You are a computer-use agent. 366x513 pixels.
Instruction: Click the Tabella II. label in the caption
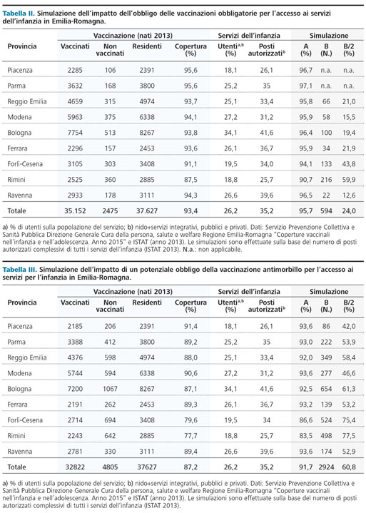[19, 14]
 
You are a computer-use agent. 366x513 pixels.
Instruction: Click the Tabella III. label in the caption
[20, 270]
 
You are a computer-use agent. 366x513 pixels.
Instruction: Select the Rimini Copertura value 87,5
[190, 180]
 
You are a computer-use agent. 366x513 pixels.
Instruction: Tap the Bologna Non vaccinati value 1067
[110, 389]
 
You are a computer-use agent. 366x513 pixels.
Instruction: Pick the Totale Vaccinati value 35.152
[75, 211]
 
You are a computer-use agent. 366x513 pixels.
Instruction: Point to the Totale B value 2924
[326, 467]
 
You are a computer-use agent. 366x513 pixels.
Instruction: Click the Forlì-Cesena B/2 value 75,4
[349, 420]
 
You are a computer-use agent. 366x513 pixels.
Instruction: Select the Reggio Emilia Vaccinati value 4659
[75, 101]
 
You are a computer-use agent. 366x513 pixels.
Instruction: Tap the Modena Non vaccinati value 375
[110, 117]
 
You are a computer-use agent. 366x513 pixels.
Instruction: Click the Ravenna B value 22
[326, 195]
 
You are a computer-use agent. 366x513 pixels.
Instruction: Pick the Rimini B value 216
[326, 180]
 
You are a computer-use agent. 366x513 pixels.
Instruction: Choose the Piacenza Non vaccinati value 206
[110, 326]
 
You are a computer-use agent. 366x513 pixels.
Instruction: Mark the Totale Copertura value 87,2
[190, 467]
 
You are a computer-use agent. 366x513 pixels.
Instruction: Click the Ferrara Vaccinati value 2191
[75, 405]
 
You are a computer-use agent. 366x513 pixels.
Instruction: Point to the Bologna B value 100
[326, 133]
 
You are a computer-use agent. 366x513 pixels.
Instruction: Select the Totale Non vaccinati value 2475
[110, 211]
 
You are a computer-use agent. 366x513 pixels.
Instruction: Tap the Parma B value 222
[326, 342]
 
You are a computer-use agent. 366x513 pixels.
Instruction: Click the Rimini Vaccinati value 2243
[75, 436]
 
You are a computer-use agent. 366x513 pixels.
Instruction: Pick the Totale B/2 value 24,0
[349, 211]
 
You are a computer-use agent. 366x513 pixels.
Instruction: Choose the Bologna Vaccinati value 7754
[75, 133]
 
